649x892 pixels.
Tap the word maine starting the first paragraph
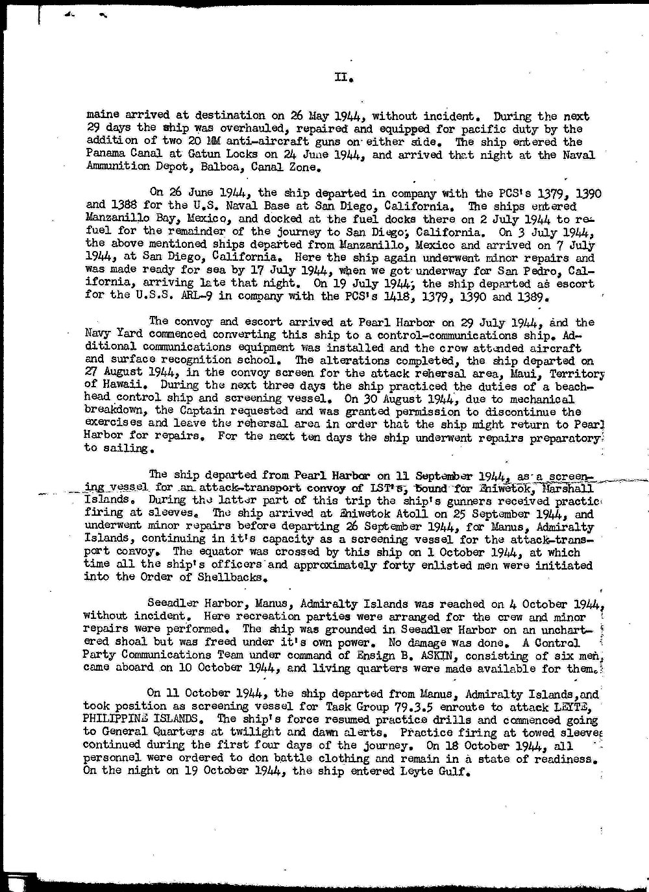(x=102, y=116)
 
